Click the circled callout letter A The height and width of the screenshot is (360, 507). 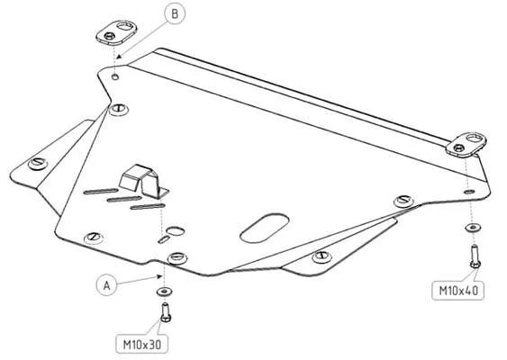tap(107, 285)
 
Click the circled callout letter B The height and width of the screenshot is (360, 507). tap(175, 13)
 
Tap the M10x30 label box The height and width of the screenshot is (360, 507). tap(142, 344)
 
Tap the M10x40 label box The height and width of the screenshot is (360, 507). tap(457, 291)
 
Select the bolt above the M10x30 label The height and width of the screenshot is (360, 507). tap(166, 312)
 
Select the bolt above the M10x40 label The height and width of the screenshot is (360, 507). tap(475, 256)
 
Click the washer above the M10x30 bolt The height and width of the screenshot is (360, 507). tap(164, 292)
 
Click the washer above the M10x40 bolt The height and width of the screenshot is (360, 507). tap(473, 228)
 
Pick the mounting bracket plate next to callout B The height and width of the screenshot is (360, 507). tap(116, 32)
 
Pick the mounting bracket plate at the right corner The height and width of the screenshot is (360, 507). tap(466, 145)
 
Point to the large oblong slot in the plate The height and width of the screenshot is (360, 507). tap(265, 228)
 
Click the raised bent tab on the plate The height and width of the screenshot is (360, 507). tap(142, 180)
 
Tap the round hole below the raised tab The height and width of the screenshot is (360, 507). tap(176, 231)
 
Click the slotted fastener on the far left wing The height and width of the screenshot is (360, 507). tap(38, 163)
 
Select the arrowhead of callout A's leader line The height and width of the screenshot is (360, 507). tap(158, 276)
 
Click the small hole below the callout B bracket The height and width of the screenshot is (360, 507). tap(115, 76)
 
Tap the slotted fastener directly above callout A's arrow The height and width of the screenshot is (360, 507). tap(177, 257)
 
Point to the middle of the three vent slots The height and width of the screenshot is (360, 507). tap(124, 199)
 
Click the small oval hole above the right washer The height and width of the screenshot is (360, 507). tap(469, 192)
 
